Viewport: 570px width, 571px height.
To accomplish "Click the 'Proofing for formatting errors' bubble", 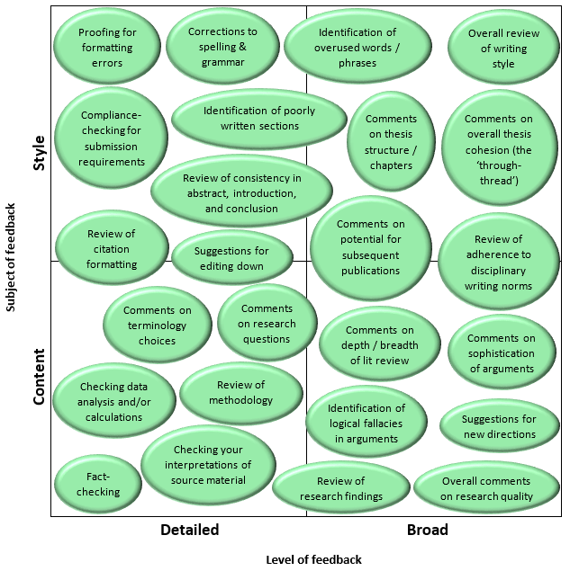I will [107, 48].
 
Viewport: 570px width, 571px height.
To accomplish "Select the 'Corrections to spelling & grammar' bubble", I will [222, 47].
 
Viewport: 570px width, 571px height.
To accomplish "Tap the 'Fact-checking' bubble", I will [98, 485].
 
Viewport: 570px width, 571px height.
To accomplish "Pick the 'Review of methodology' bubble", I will [240, 393].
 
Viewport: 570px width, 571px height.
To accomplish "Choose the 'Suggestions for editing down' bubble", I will [231, 258].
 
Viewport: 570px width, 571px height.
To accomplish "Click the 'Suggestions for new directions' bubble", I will [498, 426].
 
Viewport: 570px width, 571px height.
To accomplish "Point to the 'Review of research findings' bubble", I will [340, 488].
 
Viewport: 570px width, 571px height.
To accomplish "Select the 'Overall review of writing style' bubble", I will [503, 49].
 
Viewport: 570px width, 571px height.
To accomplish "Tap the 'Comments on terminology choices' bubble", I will [158, 326].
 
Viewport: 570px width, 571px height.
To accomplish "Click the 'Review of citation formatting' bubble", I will [112, 249].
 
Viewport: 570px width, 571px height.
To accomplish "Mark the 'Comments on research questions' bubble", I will [267, 324].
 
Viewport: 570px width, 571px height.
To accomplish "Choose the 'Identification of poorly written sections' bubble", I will [259, 119].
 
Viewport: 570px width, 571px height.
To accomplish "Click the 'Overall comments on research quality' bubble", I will [486, 488].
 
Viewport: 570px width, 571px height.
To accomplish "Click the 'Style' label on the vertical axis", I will [39, 152].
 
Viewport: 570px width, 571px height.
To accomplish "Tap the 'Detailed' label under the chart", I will [189, 530].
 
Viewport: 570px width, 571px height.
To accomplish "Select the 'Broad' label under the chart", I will [427, 530].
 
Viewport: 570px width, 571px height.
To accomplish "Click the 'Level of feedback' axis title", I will [313, 559].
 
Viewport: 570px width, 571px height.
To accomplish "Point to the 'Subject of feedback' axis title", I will [11, 257].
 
